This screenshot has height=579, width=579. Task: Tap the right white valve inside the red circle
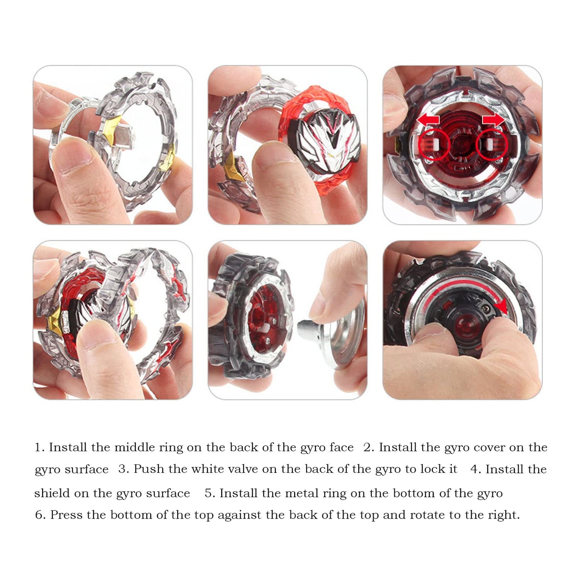point(490,145)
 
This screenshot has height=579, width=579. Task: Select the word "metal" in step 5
point(301,493)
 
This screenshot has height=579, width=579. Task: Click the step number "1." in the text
point(40,447)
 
